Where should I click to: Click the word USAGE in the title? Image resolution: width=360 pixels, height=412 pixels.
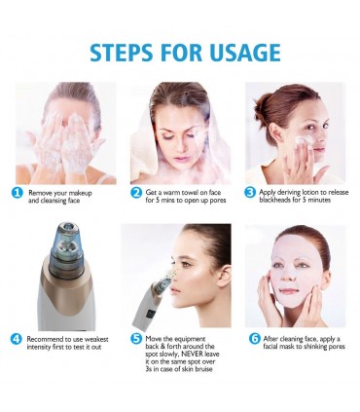(245, 52)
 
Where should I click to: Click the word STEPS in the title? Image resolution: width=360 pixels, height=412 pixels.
(121, 52)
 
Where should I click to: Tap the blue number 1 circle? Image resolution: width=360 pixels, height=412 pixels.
(18, 193)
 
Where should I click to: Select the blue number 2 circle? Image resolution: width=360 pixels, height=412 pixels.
(136, 193)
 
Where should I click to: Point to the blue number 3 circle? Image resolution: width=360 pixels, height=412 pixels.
(250, 192)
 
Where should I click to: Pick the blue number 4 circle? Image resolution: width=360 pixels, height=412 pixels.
(17, 339)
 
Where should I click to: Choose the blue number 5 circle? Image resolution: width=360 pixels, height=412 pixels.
(136, 339)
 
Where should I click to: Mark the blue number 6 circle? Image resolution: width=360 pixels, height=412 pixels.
(255, 339)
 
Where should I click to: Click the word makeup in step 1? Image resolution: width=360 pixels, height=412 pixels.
(80, 193)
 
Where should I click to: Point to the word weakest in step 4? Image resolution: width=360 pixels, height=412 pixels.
(96, 339)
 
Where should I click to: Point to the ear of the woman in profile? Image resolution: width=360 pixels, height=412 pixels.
(224, 275)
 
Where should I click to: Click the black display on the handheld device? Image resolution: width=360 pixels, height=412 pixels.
(151, 315)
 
